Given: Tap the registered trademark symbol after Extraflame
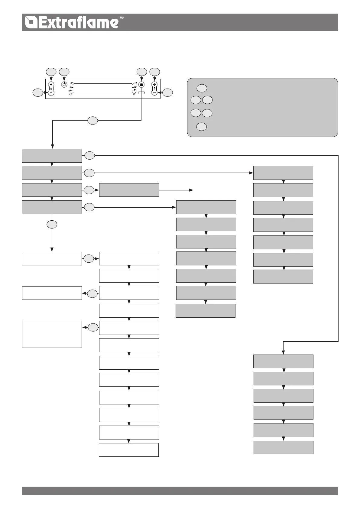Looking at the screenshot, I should (x=122, y=18).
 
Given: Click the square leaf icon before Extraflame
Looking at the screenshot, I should (x=31, y=22).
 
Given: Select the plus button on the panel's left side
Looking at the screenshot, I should (x=51, y=85).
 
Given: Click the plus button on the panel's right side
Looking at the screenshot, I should (x=154, y=85).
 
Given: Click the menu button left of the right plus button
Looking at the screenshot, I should (x=141, y=85).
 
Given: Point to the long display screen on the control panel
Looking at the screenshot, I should (x=103, y=89).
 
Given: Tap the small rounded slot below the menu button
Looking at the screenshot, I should (x=142, y=93).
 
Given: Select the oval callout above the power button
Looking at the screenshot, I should (x=64, y=72).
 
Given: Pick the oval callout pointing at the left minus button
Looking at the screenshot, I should (x=38, y=93).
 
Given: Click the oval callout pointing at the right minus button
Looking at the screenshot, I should (x=168, y=93).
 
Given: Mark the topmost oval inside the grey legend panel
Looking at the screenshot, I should (x=202, y=88).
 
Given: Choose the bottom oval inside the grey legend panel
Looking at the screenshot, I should (x=202, y=127).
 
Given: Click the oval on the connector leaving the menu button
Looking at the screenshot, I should (x=93, y=121).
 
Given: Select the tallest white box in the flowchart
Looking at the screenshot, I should (x=52, y=334).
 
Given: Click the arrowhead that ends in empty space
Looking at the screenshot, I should (x=191, y=190).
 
